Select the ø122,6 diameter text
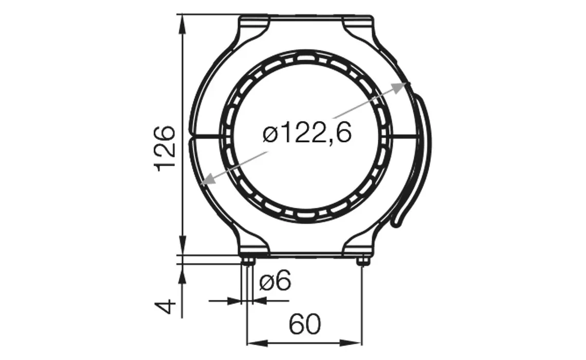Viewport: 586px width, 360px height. (x=307, y=134)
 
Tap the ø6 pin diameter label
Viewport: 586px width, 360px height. (x=275, y=282)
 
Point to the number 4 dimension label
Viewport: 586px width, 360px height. (x=166, y=308)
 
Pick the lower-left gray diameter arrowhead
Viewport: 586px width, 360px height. (x=209, y=179)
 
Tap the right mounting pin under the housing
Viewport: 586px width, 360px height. (x=363, y=261)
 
